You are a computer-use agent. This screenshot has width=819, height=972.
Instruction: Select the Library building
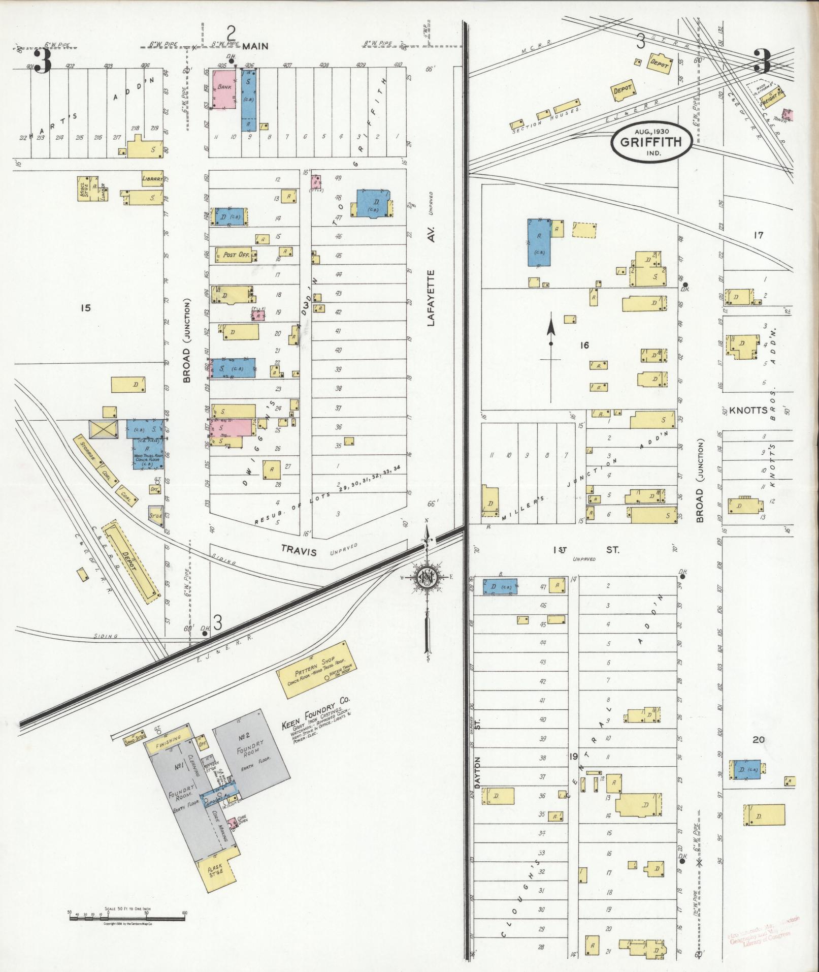click(x=152, y=179)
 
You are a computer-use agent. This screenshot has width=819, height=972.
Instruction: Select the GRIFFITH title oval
click(x=650, y=142)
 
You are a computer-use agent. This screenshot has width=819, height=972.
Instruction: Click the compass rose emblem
click(x=428, y=579)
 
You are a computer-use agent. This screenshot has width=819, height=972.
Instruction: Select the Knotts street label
click(x=748, y=410)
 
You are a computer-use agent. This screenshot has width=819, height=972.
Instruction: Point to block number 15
click(x=85, y=307)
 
